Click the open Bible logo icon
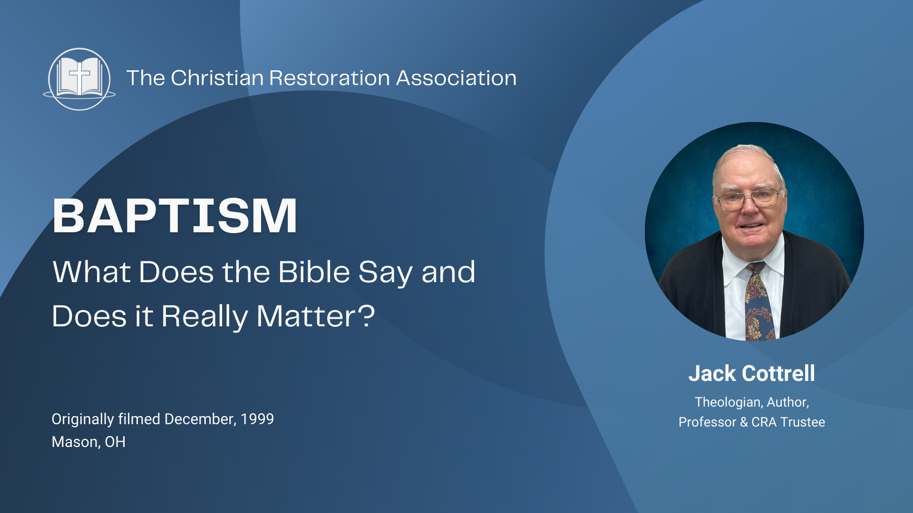click(x=79, y=79)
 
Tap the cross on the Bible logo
click(x=79, y=76)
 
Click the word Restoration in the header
click(x=329, y=78)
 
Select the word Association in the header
click(x=456, y=78)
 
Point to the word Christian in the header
click(x=217, y=78)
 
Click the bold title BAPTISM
click(x=175, y=216)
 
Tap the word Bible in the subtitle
click(x=314, y=272)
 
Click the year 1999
click(x=257, y=419)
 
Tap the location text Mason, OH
click(x=88, y=442)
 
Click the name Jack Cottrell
click(x=751, y=373)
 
